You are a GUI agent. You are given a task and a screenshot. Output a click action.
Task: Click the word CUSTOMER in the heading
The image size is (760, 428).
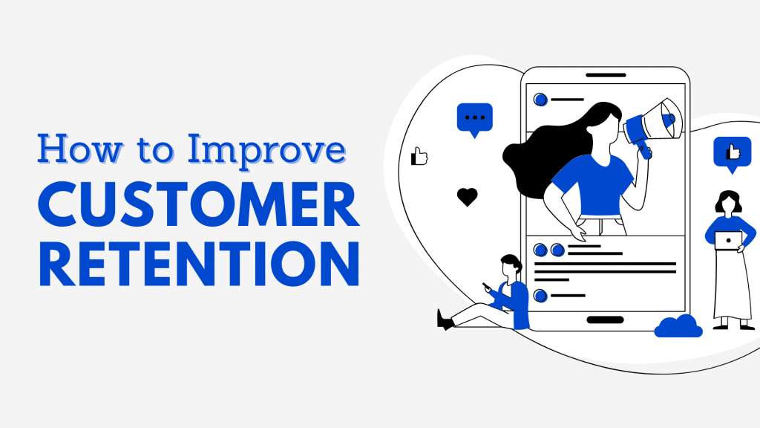click(199, 205)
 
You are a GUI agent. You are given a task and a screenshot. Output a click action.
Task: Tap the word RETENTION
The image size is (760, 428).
click(199, 264)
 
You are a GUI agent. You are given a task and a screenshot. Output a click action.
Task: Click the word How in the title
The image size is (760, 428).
click(80, 149)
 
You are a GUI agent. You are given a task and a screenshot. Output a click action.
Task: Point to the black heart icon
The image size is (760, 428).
click(468, 197)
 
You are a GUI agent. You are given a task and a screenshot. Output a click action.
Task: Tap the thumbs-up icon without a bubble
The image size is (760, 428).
click(419, 156)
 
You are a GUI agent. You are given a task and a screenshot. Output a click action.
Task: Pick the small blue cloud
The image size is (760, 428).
click(678, 326)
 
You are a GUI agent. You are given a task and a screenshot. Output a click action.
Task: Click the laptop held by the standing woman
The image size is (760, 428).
click(728, 241)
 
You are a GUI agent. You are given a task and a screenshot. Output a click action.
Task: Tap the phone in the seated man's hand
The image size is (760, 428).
click(487, 286)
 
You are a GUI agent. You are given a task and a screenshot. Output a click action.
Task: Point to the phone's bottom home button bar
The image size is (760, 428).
click(605, 320)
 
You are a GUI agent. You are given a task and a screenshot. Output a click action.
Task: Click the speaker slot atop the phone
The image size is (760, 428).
click(606, 75)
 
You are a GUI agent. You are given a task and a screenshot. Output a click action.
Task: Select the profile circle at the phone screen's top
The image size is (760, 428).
click(540, 100)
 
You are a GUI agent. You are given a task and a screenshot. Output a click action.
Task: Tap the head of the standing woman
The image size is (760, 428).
click(728, 202)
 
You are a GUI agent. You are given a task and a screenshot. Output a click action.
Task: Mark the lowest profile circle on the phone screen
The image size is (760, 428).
click(540, 295)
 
